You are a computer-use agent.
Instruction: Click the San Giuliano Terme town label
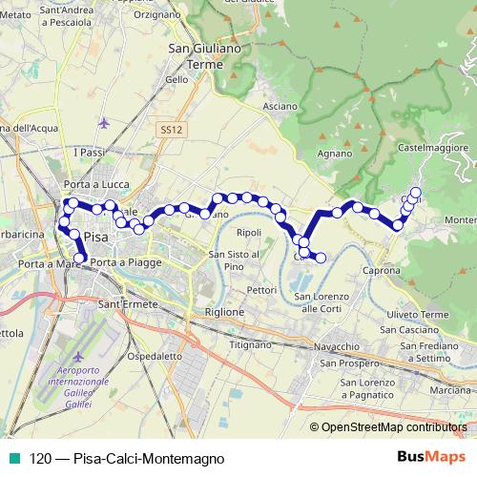point(195,56)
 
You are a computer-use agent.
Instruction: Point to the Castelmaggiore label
point(434,148)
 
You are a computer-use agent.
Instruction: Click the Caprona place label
point(381,271)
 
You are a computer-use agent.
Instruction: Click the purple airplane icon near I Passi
point(103,122)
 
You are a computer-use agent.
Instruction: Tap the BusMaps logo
point(425,456)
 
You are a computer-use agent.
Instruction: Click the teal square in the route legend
point(12,458)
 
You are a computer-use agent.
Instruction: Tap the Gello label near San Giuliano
point(176,80)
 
